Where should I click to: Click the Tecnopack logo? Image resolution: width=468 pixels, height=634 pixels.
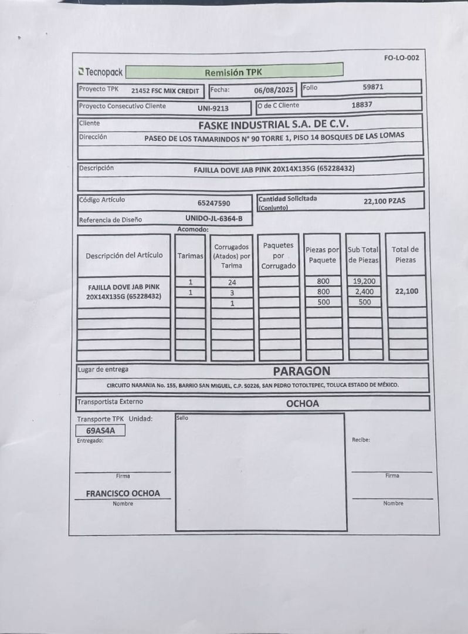point(100,72)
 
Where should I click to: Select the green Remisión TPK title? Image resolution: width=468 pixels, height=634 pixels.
point(233,72)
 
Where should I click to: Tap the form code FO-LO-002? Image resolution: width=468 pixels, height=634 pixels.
point(401,58)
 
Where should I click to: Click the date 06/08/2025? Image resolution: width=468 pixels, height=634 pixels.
point(273,90)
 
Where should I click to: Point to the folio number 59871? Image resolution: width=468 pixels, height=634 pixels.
point(373,87)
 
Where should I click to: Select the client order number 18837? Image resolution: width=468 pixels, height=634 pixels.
point(362,104)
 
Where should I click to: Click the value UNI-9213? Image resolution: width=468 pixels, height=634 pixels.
point(213,108)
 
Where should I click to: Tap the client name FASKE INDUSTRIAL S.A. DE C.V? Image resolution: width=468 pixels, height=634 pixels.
point(273,124)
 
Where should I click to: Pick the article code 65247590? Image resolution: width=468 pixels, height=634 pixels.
point(214,203)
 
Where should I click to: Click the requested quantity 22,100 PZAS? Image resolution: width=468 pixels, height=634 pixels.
point(384,201)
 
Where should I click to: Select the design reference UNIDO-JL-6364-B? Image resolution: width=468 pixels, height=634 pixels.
point(209,219)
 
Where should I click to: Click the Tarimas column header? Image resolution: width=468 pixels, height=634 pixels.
point(191,256)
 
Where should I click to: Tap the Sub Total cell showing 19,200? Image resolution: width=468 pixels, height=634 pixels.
point(364,281)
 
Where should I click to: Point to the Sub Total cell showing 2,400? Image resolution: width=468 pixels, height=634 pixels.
point(364,292)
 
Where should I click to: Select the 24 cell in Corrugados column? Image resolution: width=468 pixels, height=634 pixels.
point(232,282)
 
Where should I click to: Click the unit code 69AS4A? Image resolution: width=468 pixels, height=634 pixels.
point(100,430)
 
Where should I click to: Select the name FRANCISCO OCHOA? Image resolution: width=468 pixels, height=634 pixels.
point(123,494)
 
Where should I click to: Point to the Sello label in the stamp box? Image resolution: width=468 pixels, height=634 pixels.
point(182,417)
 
